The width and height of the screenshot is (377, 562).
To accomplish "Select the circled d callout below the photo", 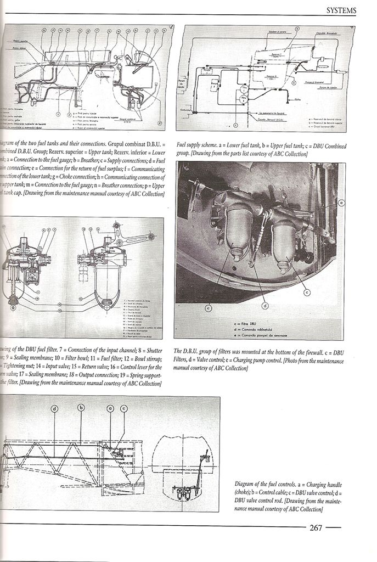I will [x=265, y=306].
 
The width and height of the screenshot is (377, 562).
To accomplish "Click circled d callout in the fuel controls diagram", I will [x=55, y=409].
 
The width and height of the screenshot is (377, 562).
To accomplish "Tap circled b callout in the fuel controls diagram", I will [x=81, y=408].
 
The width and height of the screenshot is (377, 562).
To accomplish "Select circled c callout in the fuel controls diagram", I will [x=124, y=408].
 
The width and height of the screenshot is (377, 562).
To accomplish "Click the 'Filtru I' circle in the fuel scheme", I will [x=244, y=88].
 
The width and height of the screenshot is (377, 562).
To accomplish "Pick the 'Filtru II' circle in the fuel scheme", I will [x=244, y=99].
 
